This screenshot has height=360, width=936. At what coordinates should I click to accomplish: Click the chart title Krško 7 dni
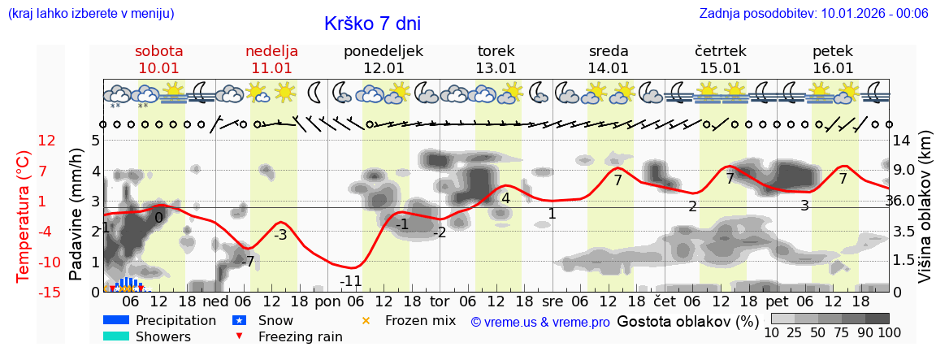(372, 24)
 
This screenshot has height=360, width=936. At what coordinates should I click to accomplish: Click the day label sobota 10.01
(158, 59)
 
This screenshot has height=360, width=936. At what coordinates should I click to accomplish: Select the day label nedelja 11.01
(271, 59)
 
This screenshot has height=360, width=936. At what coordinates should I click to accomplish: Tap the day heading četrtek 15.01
(721, 59)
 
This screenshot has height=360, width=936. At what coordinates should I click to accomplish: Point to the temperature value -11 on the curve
(350, 281)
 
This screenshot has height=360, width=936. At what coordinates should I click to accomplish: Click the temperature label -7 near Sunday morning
(248, 262)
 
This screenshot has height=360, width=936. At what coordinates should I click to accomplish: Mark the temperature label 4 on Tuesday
(505, 198)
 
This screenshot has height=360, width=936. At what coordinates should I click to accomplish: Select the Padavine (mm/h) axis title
(76, 215)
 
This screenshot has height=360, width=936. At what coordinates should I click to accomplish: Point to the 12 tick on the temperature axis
(47, 141)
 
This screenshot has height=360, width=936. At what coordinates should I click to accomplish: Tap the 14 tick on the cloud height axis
(902, 141)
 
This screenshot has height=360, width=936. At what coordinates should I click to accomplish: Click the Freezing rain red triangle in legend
(238, 336)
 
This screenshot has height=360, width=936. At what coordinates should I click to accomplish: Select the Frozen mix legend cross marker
(365, 320)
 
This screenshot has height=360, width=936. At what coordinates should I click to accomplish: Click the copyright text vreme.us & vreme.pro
(540, 323)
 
